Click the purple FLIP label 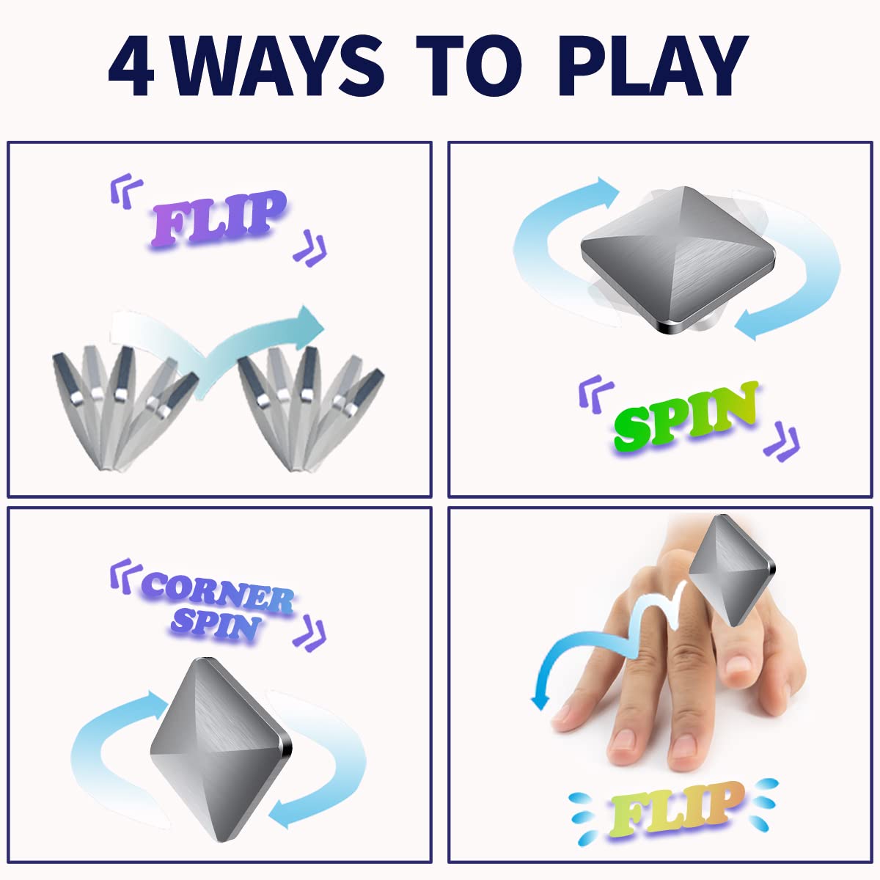[x=219, y=218]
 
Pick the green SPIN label [x=686, y=415]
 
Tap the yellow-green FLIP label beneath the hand [x=673, y=810]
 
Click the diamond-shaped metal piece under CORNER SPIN [x=220, y=748]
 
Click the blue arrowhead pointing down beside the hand [x=540, y=700]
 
